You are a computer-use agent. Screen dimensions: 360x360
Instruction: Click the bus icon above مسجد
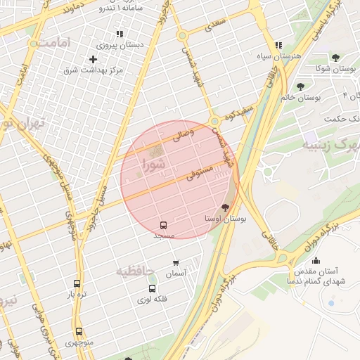(164, 225)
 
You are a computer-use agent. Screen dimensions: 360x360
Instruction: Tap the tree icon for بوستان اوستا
(225, 207)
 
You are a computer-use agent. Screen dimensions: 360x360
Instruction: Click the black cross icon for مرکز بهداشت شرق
(93, 59)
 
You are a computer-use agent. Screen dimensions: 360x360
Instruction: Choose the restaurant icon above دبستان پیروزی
(120, 33)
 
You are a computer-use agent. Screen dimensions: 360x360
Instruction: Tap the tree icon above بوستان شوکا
(334, 57)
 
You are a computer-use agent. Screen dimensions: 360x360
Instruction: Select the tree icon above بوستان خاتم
(300, 86)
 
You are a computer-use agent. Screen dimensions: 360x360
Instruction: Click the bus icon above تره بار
(77, 283)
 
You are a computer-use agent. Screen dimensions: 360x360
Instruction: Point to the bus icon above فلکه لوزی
(152, 288)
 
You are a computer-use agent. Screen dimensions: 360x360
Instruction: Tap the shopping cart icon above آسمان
(176, 263)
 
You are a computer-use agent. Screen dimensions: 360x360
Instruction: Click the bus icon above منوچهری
(78, 331)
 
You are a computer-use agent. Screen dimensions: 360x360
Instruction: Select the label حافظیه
(134, 271)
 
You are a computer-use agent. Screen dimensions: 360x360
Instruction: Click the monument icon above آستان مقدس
(315, 259)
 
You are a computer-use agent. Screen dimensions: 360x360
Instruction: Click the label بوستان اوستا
(225, 219)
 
